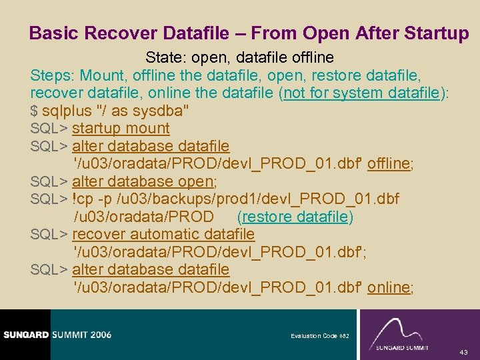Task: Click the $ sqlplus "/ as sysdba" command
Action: coord(109,111)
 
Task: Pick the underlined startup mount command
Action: coord(121,128)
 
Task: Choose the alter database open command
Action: coord(144,181)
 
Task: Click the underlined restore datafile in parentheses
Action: coord(295,217)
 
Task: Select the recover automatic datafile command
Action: coord(163,234)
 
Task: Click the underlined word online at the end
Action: coord(389,287)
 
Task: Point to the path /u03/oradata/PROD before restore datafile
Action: coord(143,217)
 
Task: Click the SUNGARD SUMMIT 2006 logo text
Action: coord(57,335)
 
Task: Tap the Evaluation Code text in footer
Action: coord(314,336)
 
